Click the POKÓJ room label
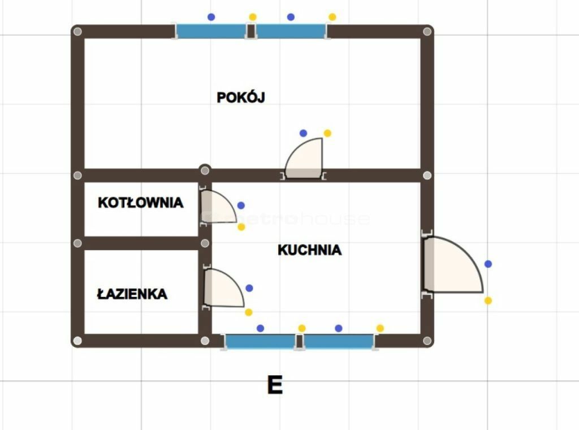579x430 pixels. point(241,97)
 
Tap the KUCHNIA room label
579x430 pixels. point(309,250)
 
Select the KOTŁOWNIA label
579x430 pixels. point(140,203)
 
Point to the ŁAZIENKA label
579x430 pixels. point(132,294)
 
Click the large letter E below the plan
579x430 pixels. point(275,385)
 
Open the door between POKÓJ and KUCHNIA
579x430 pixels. point(304,158)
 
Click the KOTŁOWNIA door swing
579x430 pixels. point(218,206)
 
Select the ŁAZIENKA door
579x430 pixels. point(224,288)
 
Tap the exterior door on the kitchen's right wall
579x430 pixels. point(453,264)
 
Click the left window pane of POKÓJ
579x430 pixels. point(211,31)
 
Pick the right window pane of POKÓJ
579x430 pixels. point(291,31)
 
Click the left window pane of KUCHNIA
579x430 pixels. point(260,342)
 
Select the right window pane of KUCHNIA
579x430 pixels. point(339,342)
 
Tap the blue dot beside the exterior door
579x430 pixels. point(488,264)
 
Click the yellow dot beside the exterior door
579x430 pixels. point(488,300)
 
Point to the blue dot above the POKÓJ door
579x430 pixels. point(303,133)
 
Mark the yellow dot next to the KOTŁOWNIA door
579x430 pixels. point(241,227)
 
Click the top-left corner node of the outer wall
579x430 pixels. point(77,31)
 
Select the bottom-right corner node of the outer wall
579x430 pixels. point(427,341)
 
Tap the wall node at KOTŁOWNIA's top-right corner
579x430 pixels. point(205,170)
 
